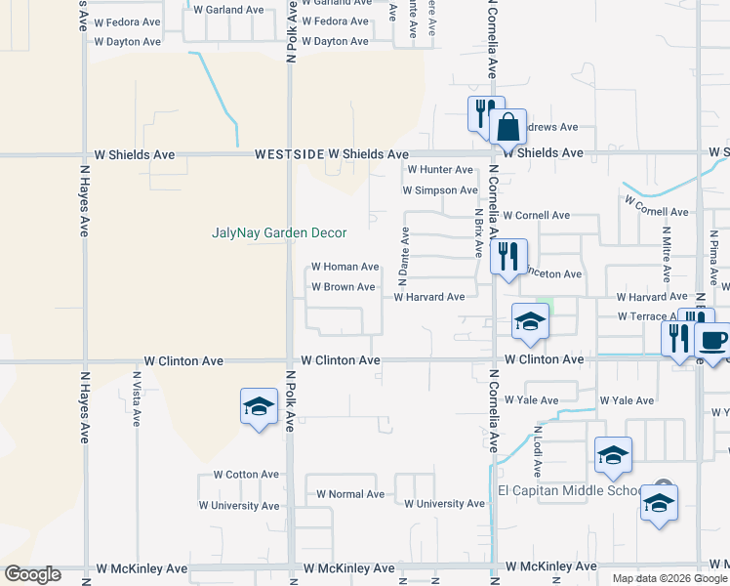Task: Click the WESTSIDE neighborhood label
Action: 288,154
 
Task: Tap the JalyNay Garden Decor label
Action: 280,232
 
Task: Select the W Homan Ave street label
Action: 345,267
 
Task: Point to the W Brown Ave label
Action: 343,287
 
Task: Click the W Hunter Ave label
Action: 439,170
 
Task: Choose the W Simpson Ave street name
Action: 439,190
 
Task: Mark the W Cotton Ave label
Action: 238,475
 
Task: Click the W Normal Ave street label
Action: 350,494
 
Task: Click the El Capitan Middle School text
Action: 570,490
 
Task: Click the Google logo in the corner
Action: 33,574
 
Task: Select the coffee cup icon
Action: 712,340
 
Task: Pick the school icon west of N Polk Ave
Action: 259,407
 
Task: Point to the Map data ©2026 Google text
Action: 669,578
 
